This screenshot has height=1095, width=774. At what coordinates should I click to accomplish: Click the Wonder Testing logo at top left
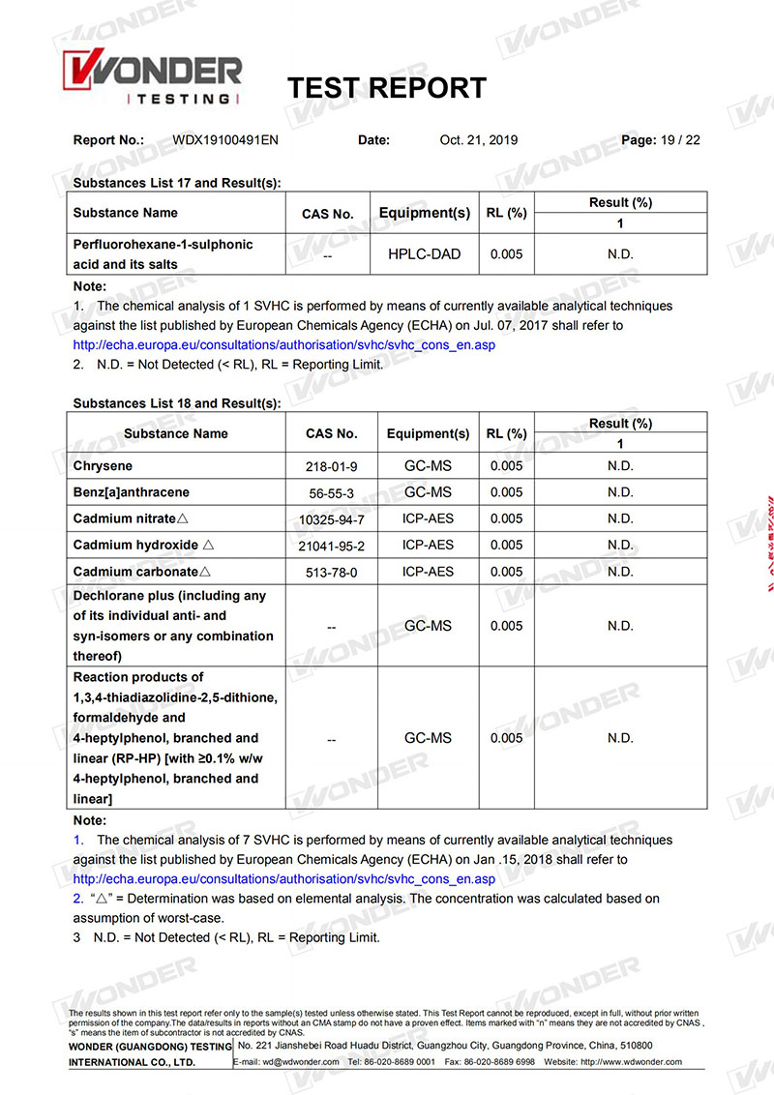pos(152,79)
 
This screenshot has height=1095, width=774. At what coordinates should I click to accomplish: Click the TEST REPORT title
pos(387,88)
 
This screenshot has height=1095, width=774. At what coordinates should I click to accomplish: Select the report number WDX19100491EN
pos(225,140)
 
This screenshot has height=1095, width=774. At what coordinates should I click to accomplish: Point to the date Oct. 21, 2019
pos(478,140)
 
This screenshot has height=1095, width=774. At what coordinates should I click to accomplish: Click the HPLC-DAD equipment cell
pos(426,254)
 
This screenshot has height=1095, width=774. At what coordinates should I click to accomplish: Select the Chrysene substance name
pos(103,466)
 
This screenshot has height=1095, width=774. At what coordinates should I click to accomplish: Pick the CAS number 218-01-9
pos(331,466)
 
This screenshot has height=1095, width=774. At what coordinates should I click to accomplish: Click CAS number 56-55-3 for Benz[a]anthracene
pos(331,493)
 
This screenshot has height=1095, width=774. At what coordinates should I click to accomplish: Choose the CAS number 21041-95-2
pos(331,547)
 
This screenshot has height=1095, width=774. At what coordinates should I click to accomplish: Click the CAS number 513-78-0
pos(331,573)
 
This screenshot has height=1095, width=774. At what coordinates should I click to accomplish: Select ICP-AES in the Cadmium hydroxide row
pos(428,546)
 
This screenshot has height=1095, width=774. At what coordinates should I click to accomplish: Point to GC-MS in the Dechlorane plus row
pos(428,626)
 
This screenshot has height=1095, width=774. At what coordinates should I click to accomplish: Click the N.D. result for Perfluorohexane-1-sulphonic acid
pos(620,254)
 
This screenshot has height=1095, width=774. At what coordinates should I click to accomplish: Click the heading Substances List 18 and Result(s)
pos(177,402)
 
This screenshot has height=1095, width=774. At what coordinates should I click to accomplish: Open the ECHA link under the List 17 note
pos(283,344)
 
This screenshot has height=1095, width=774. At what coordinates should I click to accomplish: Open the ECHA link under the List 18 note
pos(283,879)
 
